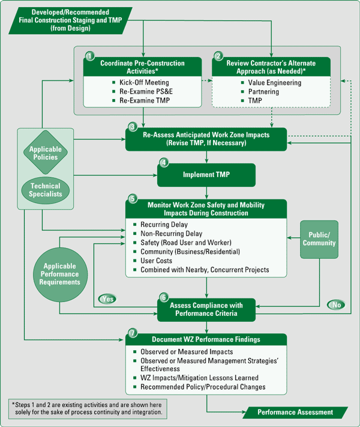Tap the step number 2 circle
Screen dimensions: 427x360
coord(218,55)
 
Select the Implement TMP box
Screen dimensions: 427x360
coord(206,175)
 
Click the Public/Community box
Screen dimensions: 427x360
coord(319,240)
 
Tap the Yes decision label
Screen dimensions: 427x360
coord(107,298)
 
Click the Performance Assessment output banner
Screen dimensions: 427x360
coord(295,413)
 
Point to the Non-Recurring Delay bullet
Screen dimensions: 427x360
coord(171,234)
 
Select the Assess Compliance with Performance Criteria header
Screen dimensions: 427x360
coord(206,309)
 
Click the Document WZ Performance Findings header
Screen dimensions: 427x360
coord(206,339)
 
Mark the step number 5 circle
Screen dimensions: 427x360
coord(133,199)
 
